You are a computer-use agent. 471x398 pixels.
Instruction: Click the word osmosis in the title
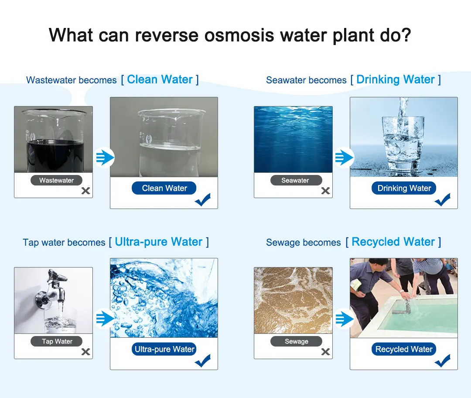[x=239, y=35]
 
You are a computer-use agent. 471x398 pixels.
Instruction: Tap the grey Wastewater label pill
[x=56, y=180]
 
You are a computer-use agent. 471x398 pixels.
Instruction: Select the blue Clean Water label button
[x=164, y=188]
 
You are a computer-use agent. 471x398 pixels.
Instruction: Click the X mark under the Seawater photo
[x=325, y=191]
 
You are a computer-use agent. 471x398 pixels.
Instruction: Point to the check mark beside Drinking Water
[x=443, y=199]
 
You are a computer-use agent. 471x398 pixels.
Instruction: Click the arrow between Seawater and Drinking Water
[x=344, y=157]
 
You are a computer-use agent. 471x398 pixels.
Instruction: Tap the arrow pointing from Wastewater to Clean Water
[x=105, y=157]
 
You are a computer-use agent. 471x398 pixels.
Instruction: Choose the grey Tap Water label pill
[x=56, y=342]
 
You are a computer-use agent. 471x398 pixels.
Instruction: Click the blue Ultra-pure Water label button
[x=164, y=349]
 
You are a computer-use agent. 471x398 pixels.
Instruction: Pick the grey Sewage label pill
[x=296, y=342]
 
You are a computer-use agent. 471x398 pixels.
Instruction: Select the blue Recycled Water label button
[x=404, y=349]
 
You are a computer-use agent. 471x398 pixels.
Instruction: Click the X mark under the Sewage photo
[x=325, y=352]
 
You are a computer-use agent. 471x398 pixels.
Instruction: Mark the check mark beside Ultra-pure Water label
[x=203, y=361]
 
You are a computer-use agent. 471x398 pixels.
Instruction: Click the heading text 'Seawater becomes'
[x=306, y=80]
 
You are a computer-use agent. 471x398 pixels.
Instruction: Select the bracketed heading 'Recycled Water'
[x=393, y=242]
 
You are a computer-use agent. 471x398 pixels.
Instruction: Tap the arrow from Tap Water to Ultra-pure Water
[x=105, y=318]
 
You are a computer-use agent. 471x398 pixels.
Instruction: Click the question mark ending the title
[x=406, y=35]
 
